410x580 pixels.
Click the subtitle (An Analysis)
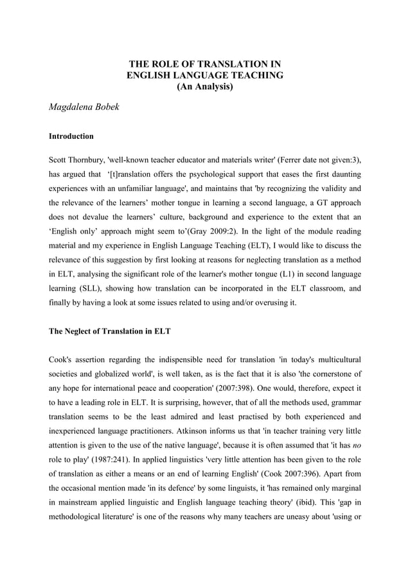[x=204, y=87]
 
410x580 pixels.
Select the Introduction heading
[x=71, y=136]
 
